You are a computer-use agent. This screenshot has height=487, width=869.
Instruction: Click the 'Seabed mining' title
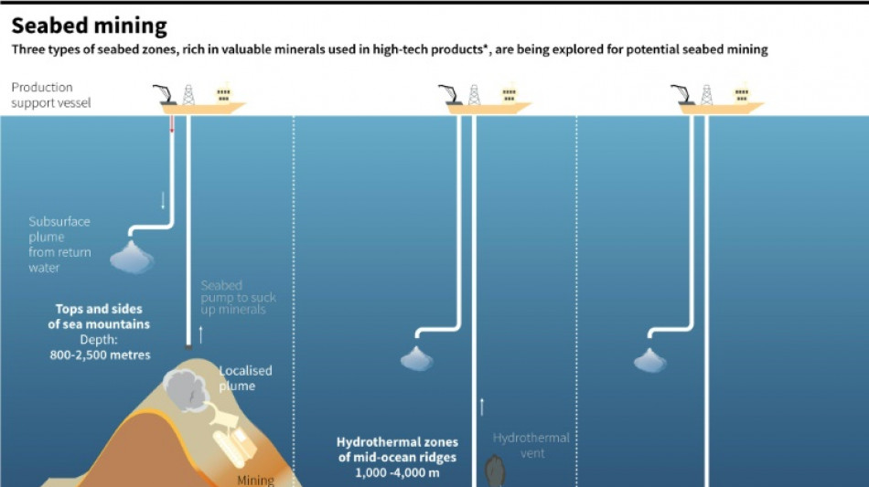(x=89, y=26)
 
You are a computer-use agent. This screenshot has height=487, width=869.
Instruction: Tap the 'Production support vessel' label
(x=50, y=95)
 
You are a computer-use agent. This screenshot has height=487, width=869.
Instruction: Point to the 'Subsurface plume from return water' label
(x=59, y=245)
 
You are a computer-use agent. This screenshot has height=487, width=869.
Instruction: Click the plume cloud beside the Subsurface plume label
(x=132, y=259)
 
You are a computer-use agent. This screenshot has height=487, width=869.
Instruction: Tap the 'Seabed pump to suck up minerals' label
(x=238, y=298)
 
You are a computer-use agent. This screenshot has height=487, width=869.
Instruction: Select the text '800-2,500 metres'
(x=100, y=355)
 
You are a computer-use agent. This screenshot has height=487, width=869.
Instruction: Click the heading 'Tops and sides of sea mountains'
(x=100, y=316)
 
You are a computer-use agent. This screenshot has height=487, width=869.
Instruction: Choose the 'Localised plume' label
(x=245, y=378)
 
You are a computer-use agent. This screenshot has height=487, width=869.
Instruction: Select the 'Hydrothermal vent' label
(x=531, y=445)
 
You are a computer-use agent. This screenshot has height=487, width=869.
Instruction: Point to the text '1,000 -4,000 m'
(x=397, y=472)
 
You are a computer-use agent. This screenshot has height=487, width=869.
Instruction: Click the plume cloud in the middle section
(x=416, y=360)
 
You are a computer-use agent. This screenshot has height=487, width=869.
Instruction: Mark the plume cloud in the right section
(x=649, y=361)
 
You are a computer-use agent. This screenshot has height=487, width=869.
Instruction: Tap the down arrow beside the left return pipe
(x=163, y=200)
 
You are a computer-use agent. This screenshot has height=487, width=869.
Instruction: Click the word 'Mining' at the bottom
(x=255, y=480)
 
